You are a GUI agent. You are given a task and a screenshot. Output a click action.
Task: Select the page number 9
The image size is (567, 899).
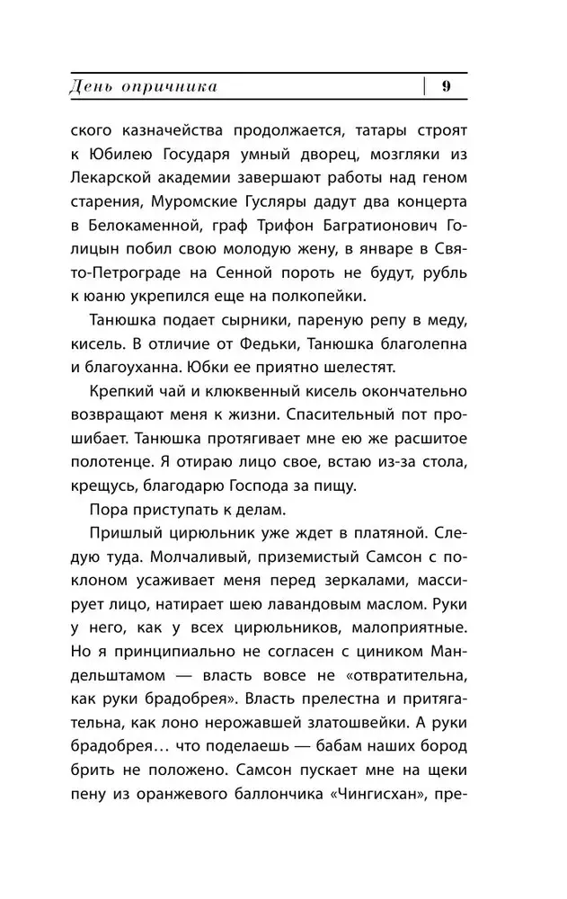coord(446,86)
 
